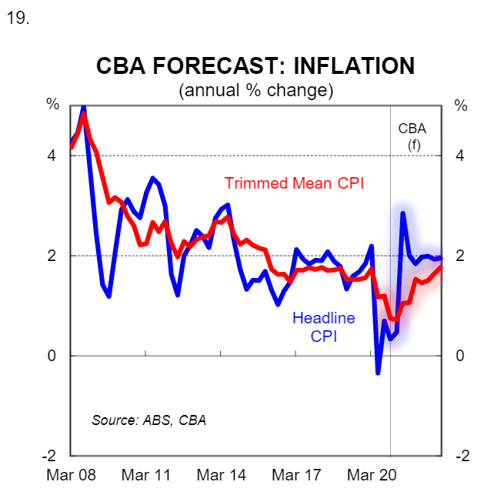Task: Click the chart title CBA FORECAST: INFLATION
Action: (255, 66)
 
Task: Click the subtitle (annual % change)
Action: (255, 90)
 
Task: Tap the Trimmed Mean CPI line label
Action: (294, 183)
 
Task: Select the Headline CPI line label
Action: (323, 326)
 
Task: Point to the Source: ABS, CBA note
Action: (148, 420)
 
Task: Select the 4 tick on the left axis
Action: (52, 156)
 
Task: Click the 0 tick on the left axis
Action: (52, 356)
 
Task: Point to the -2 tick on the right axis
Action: (462, 456)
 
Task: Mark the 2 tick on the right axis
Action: (460, 256)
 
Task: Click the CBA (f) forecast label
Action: (412, 136)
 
